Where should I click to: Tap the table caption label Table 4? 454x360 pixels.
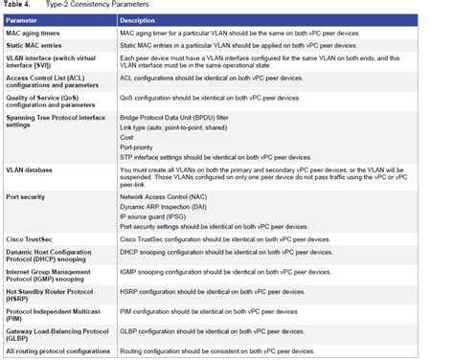pos(20,5)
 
